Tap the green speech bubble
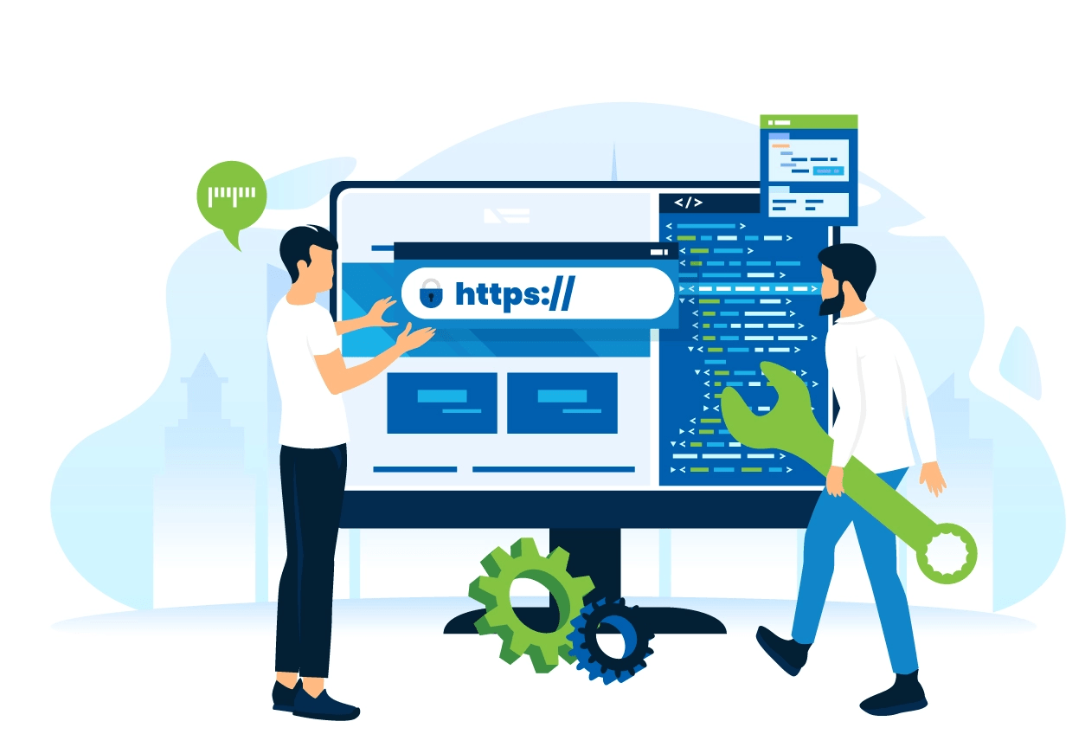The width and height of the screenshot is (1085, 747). click(x=231, y=196)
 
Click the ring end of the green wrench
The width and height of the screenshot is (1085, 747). click(x=947, y=553)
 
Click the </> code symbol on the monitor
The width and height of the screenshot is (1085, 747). click(x=689, y=203)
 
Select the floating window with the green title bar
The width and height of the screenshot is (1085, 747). click(x=808, y=170)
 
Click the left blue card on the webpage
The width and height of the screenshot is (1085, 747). click(x=441, y=402)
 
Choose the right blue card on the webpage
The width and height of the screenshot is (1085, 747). click(x=562, y=402)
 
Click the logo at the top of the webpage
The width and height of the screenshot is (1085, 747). click(x=507, y=216)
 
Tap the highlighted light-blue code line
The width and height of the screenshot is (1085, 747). click(x=749, y=288)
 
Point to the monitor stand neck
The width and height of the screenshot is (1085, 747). click(x=585, y=563)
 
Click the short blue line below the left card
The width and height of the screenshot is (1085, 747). click(x=414, y=469)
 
